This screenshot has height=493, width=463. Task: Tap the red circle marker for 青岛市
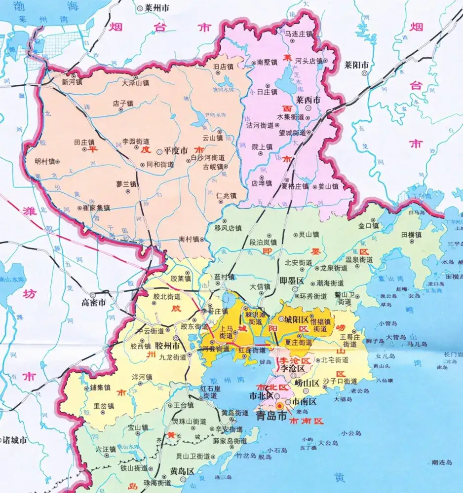coord(280,405)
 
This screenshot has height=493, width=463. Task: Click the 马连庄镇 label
coord(300,34)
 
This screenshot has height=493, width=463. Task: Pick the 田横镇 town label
coord(411,235)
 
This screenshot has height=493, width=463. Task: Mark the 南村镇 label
coord(189,239)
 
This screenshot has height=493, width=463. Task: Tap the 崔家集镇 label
coord(96,208)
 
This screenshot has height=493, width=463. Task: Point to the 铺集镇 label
coord(100,387)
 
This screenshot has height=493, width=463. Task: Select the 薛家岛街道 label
coord(230,440)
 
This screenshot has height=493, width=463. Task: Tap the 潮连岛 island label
coord(441,462)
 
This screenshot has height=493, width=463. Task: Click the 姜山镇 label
coord(328,186)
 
